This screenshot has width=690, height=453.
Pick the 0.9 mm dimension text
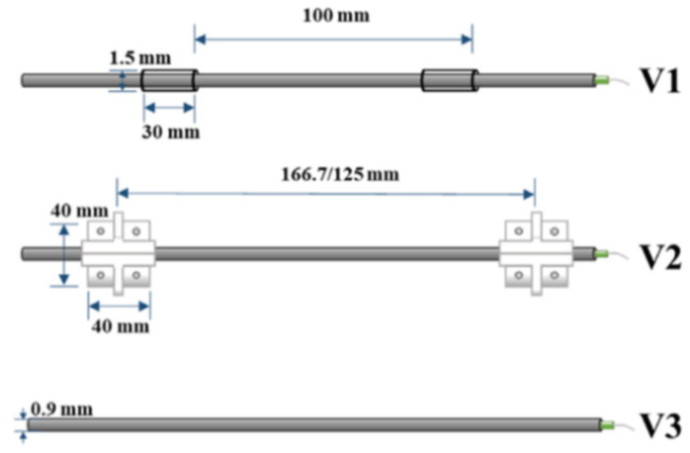click(x=61, y=409)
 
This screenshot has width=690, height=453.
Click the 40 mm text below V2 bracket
click(x=122, y=327)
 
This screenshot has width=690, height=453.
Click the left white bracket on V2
click(x=118, y=254)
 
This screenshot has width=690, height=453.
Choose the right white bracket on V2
click(x=535, y=254)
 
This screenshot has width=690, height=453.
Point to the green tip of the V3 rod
click(x=609, y=424)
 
